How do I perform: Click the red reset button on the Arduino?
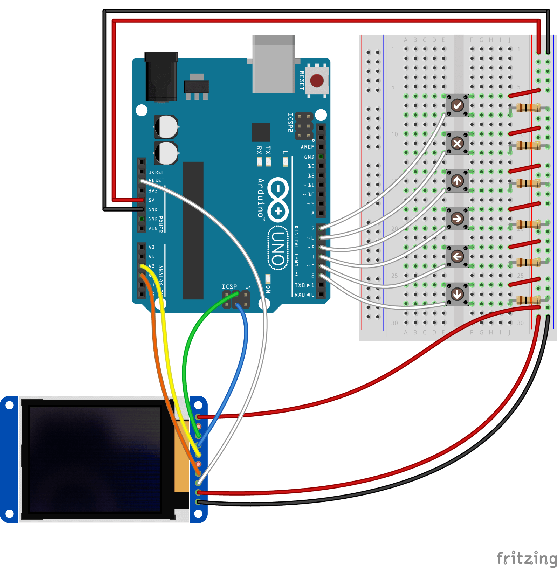coord(317,81)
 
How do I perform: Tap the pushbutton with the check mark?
coord(457,105)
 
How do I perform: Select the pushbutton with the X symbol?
coord(457,143)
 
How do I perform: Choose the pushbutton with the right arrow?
coord(457,219)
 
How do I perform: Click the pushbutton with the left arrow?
coord(457,256)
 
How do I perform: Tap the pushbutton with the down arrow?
coord(457,294)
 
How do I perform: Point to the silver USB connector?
coord(274,64)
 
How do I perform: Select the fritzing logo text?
coord(526,558)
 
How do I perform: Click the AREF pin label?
coord(307,147)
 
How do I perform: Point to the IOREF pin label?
coord(156,172)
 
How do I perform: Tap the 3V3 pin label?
coord(153,191)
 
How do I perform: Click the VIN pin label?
coord(153,228)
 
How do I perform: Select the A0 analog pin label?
coord(151,247)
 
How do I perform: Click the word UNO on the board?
coord(278,249)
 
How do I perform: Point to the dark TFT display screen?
coord(95,459)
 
